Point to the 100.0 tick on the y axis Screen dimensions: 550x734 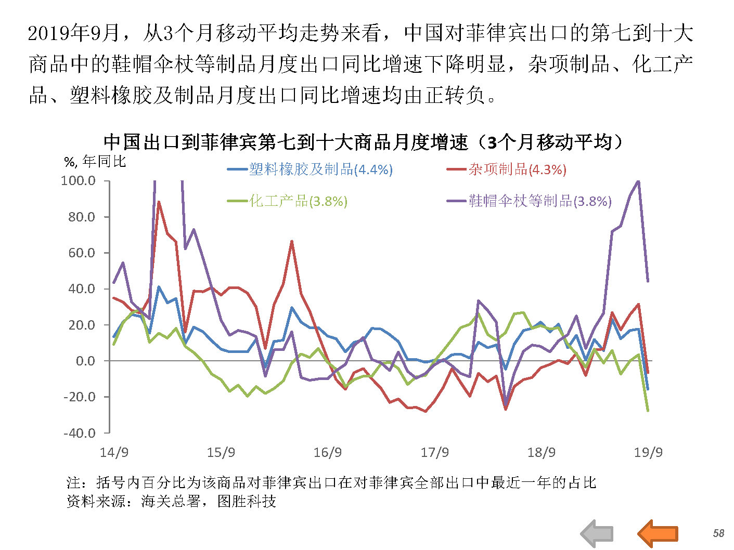tap(79, 181)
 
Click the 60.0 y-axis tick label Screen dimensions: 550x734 tap(82, 253)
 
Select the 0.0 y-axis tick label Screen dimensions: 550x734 tap(86, 361)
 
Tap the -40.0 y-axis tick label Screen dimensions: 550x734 tap(80, 433)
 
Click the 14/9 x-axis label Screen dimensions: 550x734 tap(114, 452)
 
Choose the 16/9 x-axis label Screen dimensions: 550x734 tap(328, 452)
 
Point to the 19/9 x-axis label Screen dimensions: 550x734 tap(648, 452)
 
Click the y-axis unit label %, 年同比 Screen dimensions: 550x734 tap(95, 162)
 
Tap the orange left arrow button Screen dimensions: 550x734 tap(658, 533)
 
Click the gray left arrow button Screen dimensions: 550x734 tap(597, 533)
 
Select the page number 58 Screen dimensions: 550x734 tap(718, 533)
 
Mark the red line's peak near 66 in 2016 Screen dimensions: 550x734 tap(292, 241)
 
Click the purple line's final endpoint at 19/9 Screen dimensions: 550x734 tap(648, 281)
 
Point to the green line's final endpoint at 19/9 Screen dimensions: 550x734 tap(648, 411)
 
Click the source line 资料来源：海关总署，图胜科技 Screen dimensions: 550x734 tap(171, 502)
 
